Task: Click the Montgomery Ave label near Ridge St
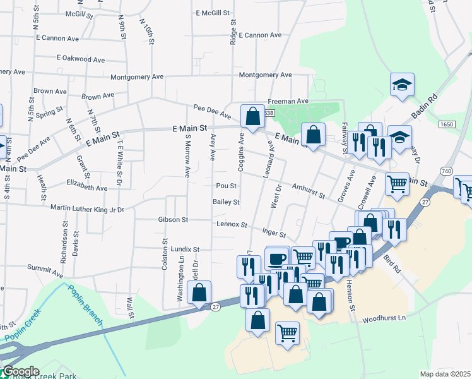(x=265, y=75)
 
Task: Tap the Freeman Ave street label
(x=288, y=101)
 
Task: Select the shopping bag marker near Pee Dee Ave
(x=252, y=117)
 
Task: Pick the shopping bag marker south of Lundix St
(x=199, y=294)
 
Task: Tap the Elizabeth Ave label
(x=86, y=188)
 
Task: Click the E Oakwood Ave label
(x=80, y=59)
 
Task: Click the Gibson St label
(x=174, y=220)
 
